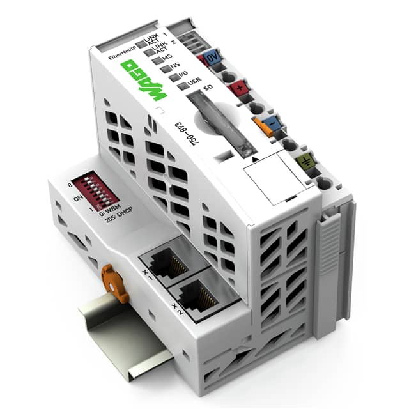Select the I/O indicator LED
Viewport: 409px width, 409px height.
[174, 76]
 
